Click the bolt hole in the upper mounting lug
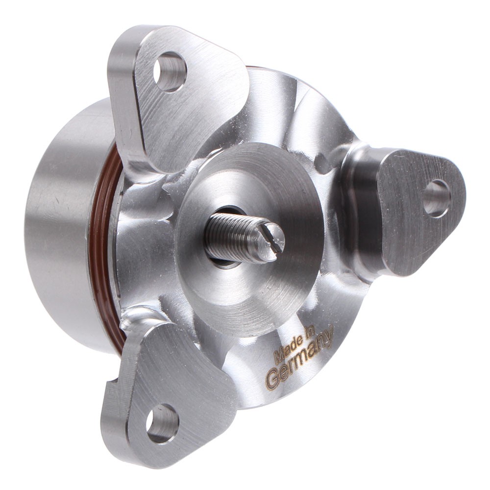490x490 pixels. click(170, 72)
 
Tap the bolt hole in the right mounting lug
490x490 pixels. click(436, 198)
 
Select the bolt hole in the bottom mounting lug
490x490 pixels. click(162, 423)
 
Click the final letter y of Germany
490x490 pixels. click(328, 338)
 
